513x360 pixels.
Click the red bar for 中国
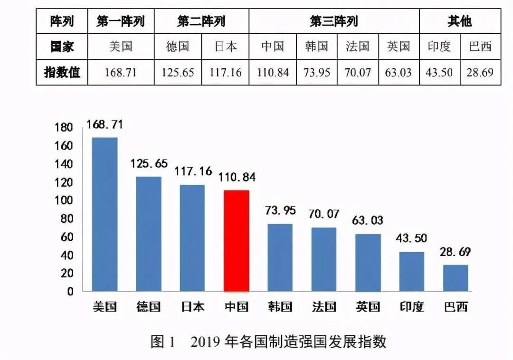(x=237, y=241)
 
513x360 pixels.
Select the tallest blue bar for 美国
(x=104, y=214)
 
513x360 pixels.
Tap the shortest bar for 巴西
(x=456, y=278)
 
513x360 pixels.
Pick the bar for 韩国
(x=280, y=257)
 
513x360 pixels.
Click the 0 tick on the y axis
(x=70, y=292)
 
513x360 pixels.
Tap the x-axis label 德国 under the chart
(x=148, y=306)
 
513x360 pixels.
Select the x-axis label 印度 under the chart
(x=411, y=306)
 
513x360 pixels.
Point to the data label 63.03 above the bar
(x=368, y=220)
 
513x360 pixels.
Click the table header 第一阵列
(x=121, y=21)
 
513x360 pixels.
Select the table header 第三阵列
(x=333, y=21)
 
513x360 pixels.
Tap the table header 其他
(x=459, y=21)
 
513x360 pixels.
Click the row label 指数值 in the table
(x=62, y=73)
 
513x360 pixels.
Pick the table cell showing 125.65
(x=178, y=73)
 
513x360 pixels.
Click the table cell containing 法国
(x=358, y=47)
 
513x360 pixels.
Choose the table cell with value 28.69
(x=480, y=73)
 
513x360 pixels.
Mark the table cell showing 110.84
(x=273, y=73)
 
